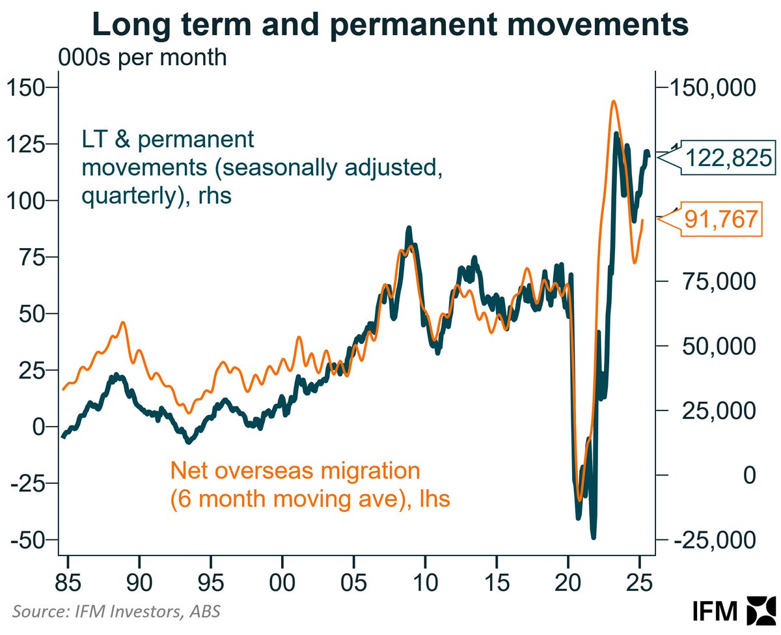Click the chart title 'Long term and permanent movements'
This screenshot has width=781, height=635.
(x=390, y=25)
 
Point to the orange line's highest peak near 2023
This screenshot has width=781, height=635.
(x=614, y=101)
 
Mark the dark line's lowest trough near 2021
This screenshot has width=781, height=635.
(x=593, y=537)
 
